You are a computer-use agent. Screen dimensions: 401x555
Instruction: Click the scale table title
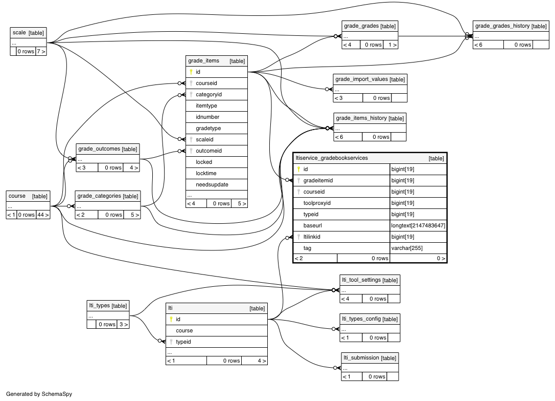click(19, 33)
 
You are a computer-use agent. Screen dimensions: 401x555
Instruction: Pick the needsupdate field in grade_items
click(212, 184)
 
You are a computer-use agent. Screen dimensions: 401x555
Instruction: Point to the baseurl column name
click(312, 225)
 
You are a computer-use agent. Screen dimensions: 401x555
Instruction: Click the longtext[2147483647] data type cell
click(418, 225)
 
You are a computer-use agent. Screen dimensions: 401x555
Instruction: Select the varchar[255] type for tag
click(407, 248)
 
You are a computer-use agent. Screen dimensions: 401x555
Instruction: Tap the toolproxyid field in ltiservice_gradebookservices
click(317, 203)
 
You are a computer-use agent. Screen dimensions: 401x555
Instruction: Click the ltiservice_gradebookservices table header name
click(332, 158)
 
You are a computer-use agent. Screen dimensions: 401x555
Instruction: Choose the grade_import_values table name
click(361, 79)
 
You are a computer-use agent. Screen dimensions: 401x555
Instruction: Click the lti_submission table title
click(360, 357)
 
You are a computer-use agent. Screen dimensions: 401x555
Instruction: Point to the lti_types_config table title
click(361, 319)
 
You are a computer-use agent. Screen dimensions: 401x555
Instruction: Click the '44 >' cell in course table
click(42, 215)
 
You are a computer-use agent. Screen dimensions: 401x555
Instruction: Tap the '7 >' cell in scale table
click(41, 51)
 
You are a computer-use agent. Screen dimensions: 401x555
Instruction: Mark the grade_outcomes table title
click(99, 149)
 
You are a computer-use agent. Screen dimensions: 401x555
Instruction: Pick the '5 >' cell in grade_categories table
click(134, 215)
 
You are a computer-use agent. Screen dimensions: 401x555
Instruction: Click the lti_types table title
click(99, 306)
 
